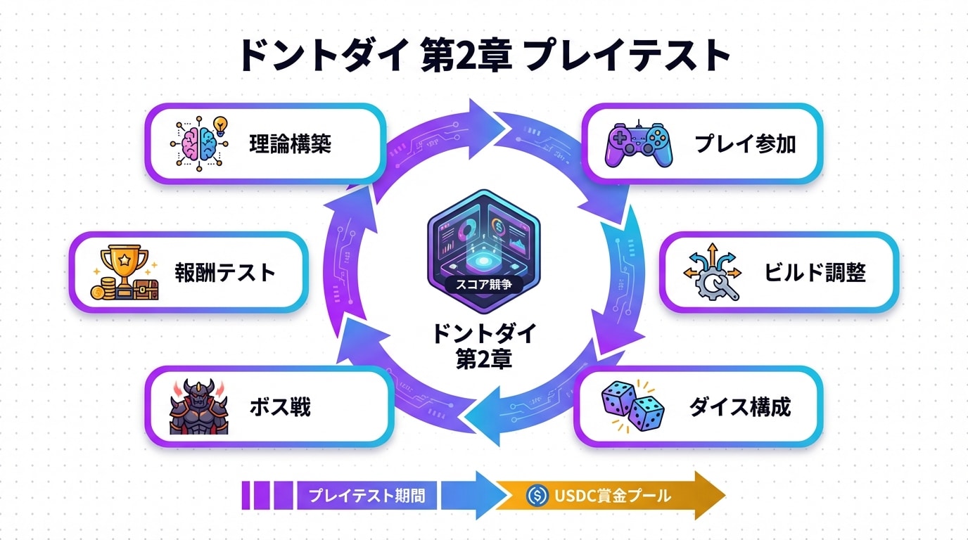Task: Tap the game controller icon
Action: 639,144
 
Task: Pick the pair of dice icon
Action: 632,406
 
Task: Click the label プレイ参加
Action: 745,144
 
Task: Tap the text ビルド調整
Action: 815,273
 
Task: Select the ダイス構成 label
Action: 739,406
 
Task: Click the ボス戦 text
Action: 279,406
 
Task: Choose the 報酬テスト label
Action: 225,272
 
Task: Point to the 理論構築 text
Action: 290,144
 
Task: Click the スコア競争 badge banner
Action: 483,285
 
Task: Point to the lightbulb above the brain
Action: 220,124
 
